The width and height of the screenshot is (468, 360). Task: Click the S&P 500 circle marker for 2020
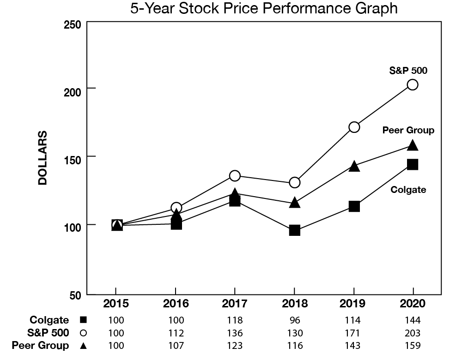coord(413,84)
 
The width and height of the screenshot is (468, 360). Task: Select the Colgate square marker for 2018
coord(294,230)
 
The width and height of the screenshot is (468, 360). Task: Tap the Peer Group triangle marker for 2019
coord(354,166)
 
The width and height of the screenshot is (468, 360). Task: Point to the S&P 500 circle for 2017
coord(235,176)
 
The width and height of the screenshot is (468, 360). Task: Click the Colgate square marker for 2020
coord(413,164)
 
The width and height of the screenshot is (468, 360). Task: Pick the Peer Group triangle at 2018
coord(294,203)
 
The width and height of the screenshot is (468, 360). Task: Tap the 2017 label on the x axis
coord(235,304)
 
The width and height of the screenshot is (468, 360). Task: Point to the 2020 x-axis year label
coord(413,304)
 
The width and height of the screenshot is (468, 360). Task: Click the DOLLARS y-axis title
coord(43,158)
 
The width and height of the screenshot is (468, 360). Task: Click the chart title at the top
coord(264,8)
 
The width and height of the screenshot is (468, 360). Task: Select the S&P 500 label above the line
coord(408,71)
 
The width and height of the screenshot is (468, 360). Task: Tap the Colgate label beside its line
coord(408,189)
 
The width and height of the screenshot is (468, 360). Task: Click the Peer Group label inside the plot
coord(408,130)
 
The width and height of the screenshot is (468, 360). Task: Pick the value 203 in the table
coord(413,333)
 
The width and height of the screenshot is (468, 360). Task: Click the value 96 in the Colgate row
coord(294,320)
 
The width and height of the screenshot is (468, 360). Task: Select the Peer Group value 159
coord(413,345)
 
